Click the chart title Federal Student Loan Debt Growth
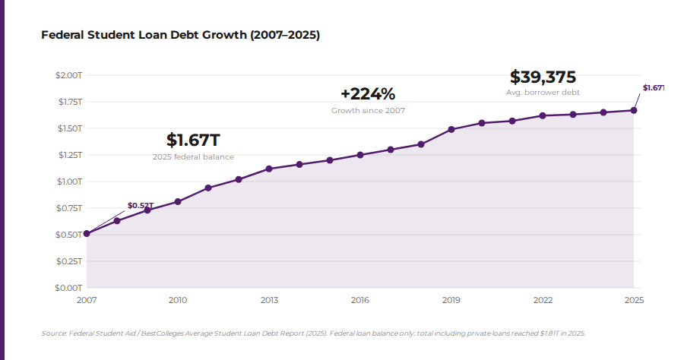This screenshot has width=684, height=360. pos(180,35)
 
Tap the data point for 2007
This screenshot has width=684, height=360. pos(87,233)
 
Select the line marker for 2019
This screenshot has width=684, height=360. pos(451,129)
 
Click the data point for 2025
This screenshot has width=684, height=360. pos(634,110)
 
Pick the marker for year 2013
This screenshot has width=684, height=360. pos(269,169)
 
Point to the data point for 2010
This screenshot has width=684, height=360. pos(178,201)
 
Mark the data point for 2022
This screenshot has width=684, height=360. pos(543,115)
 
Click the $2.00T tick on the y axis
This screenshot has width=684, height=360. pos(68,75)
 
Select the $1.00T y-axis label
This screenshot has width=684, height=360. pos(68,182)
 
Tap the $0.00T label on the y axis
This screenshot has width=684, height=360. pos(68,288)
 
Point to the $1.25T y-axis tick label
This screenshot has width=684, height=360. pos(68,155)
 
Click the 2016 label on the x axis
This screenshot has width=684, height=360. pos(360,300)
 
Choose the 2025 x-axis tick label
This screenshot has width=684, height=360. pos(634,300)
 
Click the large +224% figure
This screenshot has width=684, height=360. pos(368,94)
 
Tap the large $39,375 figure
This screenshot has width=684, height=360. pos(543,77)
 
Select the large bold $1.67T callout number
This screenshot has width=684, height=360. pos(193,141)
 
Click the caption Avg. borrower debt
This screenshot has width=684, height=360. pos(543,92)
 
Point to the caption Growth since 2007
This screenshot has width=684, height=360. pos(368,110)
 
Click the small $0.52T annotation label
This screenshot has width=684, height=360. pos(140,205)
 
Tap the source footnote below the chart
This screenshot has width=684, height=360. pos(313,333)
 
